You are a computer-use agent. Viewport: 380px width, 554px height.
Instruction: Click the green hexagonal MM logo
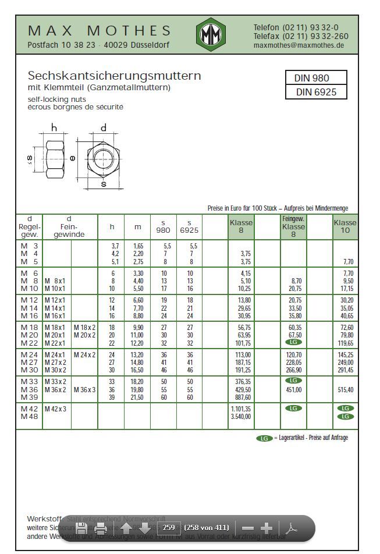(x=211, y=35)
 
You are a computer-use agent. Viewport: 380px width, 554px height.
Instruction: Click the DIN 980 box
(x=316, y=78)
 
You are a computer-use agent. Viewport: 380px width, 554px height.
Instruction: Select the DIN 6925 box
(x=316, y=92)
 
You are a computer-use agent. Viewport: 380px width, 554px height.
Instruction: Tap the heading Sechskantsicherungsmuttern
(x=115, y=76)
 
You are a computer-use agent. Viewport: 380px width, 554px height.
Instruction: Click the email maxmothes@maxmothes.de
(x=299, y=45)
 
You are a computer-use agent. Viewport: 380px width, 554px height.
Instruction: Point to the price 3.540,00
(x=240, y=416)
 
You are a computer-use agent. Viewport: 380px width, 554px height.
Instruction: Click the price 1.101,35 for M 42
(x=240, y=409)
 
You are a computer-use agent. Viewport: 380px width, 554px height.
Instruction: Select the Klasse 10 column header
(x=345, y=226)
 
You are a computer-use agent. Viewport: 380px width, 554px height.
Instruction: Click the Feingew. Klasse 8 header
(x=293, y=226)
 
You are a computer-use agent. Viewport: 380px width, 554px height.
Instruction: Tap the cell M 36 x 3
(x=84, y=390)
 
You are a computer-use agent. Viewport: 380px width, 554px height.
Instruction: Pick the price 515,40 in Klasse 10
(x=345, y=390)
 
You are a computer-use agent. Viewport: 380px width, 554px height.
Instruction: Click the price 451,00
(x=294, y=390)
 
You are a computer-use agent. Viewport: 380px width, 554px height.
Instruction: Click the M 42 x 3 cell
(x=56, y=409)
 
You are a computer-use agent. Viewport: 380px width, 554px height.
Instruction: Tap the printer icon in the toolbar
(x=101, y=528)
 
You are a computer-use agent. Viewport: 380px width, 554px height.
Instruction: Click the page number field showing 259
(x=168, y=528)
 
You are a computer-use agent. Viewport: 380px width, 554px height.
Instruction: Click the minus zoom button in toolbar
(x=248, y=528)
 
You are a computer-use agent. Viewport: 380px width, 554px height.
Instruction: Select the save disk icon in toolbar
(x=81, y=528)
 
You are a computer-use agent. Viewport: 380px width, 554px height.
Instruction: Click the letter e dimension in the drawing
(x=73, y=158)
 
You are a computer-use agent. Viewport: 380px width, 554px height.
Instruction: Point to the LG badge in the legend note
(x=264, y=438)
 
